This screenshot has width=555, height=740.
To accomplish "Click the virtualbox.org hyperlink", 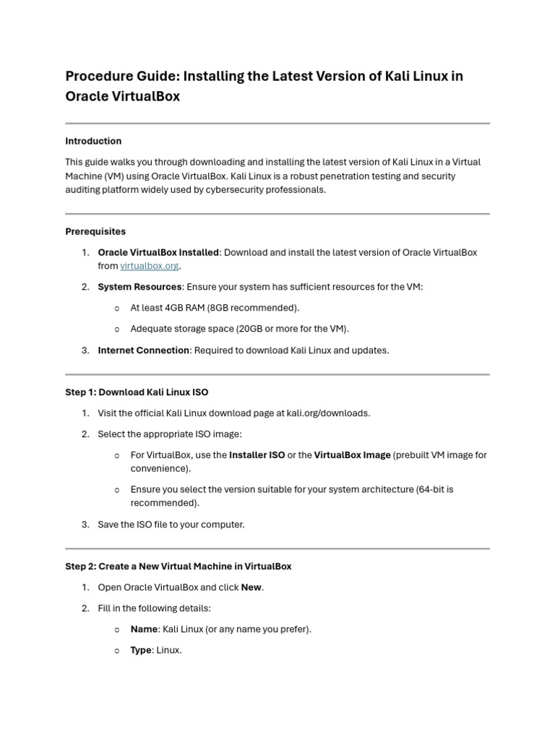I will coord(149,266).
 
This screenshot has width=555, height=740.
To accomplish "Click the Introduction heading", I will coord(93,141).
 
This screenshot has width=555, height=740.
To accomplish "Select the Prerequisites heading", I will coord(95,231).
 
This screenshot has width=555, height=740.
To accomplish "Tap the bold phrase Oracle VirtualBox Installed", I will coord(158,252).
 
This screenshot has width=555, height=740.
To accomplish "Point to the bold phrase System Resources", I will coord(139,287).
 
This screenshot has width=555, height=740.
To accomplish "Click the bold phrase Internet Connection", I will coord(144,350).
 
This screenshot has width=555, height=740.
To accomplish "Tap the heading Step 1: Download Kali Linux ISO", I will coord(137,392).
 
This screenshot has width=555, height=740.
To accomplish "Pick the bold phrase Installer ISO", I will coord(257,455).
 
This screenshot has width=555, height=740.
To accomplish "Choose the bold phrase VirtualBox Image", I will coord(352,455).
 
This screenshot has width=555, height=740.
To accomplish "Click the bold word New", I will coord(251,588).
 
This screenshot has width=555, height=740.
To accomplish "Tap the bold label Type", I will coord(141,650).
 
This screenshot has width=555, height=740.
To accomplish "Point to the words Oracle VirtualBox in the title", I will coord(122,96).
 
